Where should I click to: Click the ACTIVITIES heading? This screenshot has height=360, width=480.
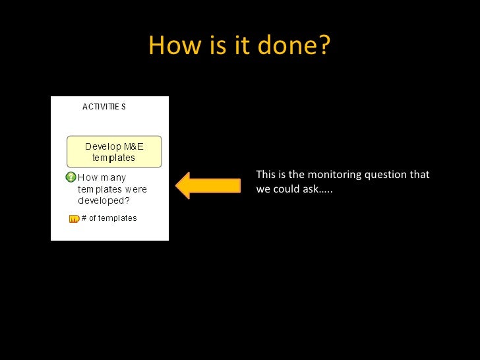[104, 106]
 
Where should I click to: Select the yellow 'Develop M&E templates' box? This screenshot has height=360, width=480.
[114, 152]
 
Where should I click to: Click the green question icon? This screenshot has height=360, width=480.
[71, 177]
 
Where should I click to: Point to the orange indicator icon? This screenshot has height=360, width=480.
[74, 219]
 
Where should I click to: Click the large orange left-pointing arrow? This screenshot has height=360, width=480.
[208, 185]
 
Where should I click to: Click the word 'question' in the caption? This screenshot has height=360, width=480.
[386, 175]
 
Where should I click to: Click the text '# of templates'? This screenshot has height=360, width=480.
[109, 218]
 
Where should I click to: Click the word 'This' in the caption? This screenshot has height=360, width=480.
[266, 175]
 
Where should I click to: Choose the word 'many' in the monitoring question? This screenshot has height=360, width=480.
[113, 177]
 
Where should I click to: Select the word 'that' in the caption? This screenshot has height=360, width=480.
[420, 175]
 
